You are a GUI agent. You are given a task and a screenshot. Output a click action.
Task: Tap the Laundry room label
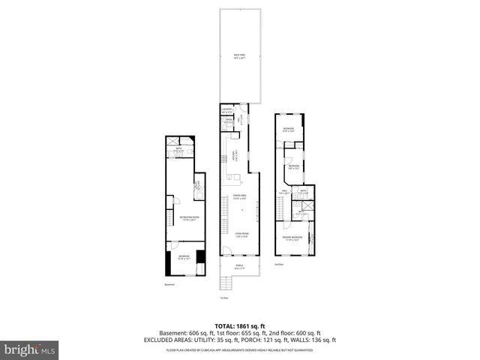tap(226, 111)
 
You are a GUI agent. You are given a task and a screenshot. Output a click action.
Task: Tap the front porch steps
tap(225, 283)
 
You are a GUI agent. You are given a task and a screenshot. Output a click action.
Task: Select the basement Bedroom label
tap(184, 256)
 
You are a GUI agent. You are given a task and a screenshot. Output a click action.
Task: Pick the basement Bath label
tap(179, 149)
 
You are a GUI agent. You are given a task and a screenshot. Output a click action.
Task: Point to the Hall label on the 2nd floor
tap(286, 192)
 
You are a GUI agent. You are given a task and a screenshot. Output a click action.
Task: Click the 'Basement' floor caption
tap(170, 284)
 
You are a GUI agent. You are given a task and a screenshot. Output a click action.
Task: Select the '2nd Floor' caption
tap(279, 265)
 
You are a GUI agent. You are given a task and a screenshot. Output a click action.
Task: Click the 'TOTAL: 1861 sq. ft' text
tap(239, 326)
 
